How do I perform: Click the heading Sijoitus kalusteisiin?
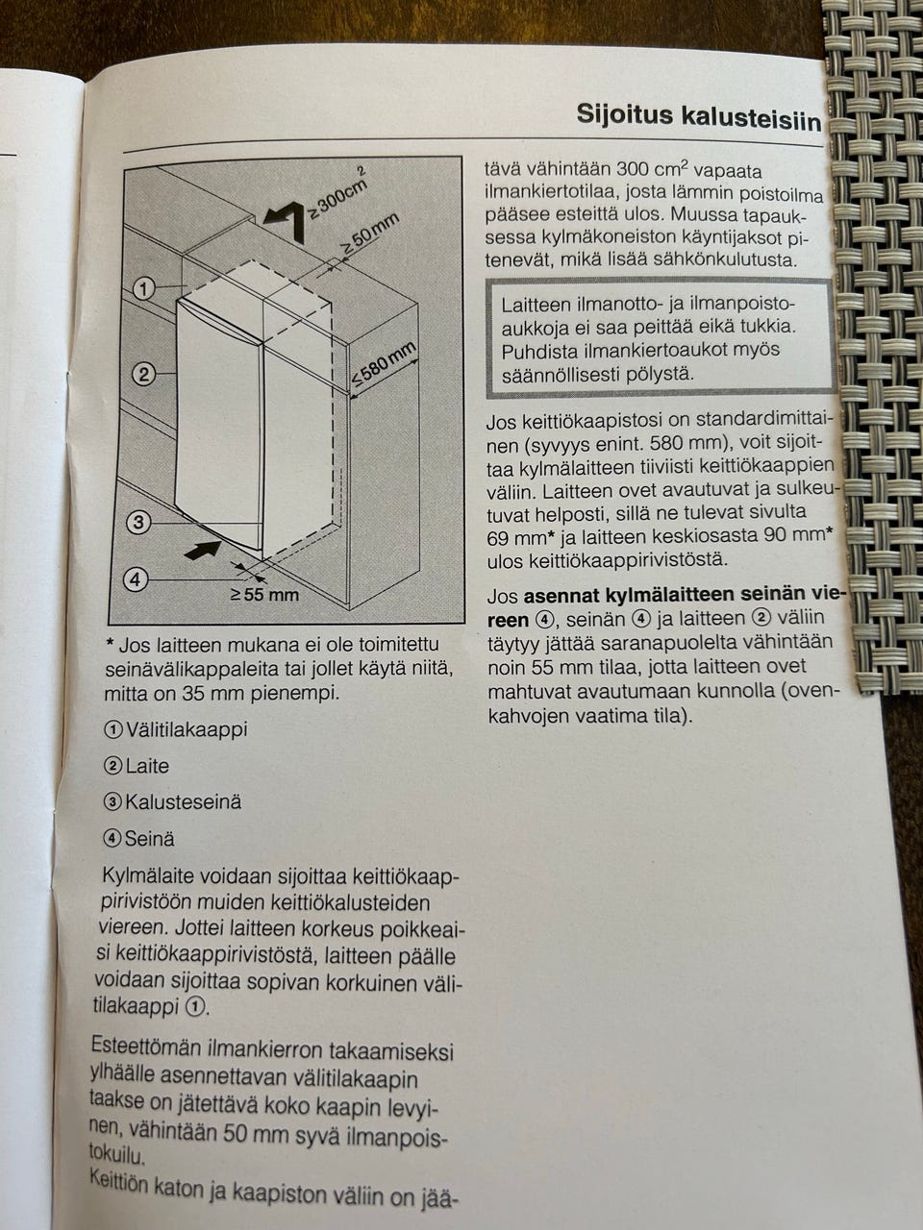pos(698,116)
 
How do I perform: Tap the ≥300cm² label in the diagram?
pos(334,193)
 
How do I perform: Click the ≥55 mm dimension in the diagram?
pos(264,594)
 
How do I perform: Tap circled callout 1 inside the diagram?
pos(143,287)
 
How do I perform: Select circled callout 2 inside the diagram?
pos(143,374)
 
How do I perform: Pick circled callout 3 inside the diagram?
pos(139,522)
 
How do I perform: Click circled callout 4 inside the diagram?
pos(136,578)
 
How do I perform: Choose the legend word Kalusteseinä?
pos(184,802)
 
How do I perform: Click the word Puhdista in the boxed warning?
pos(537,350)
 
